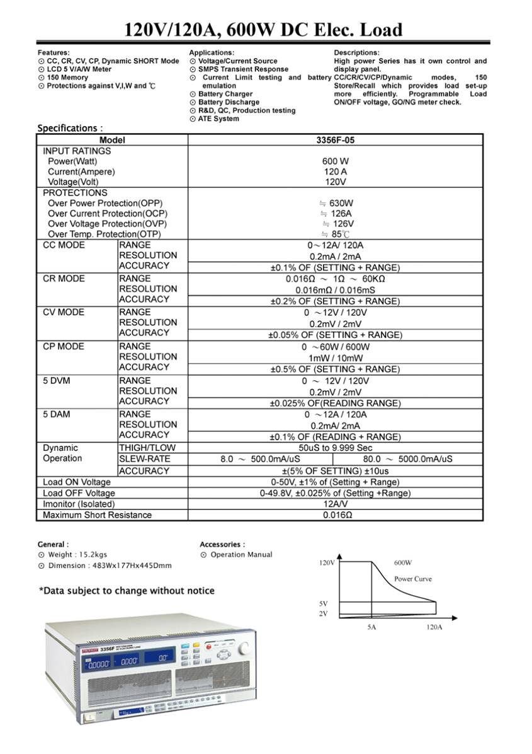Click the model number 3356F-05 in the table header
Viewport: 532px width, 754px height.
tap(336, 140)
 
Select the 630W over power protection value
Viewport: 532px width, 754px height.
tap(336, 204)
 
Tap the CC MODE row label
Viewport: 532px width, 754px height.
tap(64, 245)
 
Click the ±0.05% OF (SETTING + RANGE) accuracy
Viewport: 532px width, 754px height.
tap(335, 335)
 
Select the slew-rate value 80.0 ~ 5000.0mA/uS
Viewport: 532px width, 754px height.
tap(408, 460)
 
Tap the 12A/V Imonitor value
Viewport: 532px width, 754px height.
tap(336, 504)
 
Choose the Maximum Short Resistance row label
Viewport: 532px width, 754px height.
tap(97, 515)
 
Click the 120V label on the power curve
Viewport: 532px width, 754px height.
tap(327, 562)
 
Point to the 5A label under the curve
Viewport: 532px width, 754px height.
tap(371, 627)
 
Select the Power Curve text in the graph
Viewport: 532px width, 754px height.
tap(413, 579)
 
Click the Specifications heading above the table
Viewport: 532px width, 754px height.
tap(69, 128)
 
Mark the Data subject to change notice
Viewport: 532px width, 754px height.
tap(127, 591)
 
